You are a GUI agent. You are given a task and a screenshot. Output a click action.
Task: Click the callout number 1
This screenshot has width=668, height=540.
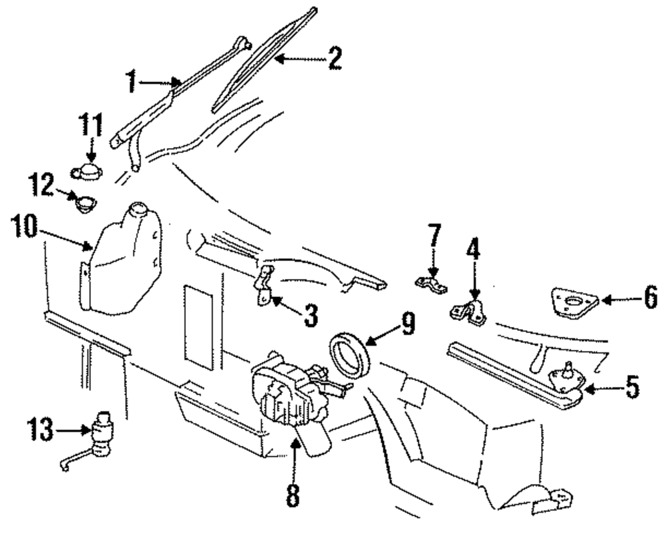[x=132, y=81]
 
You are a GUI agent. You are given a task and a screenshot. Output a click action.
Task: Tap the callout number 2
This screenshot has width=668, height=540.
[x=335, y=58]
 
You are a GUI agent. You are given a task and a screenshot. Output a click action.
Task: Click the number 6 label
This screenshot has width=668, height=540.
[x=650, y=297]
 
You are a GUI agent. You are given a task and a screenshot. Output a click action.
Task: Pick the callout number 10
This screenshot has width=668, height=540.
[x=25, y=226]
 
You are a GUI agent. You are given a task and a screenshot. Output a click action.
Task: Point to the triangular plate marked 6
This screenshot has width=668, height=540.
[x=575, y=302]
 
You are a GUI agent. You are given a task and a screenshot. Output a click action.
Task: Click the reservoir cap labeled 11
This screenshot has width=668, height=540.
[x=87, y=172]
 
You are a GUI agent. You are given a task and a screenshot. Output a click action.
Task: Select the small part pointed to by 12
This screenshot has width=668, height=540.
[x=86, y=204]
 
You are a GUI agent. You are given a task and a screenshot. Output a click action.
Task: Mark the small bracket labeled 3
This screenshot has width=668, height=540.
[x=264, y=286]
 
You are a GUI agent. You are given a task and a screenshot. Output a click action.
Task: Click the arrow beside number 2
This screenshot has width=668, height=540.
[x=301, y=58]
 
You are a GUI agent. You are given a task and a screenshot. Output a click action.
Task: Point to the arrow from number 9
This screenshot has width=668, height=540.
[x=384, y=333]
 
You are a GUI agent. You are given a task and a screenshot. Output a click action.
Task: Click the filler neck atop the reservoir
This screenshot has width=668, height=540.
[x=138, y=210]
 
